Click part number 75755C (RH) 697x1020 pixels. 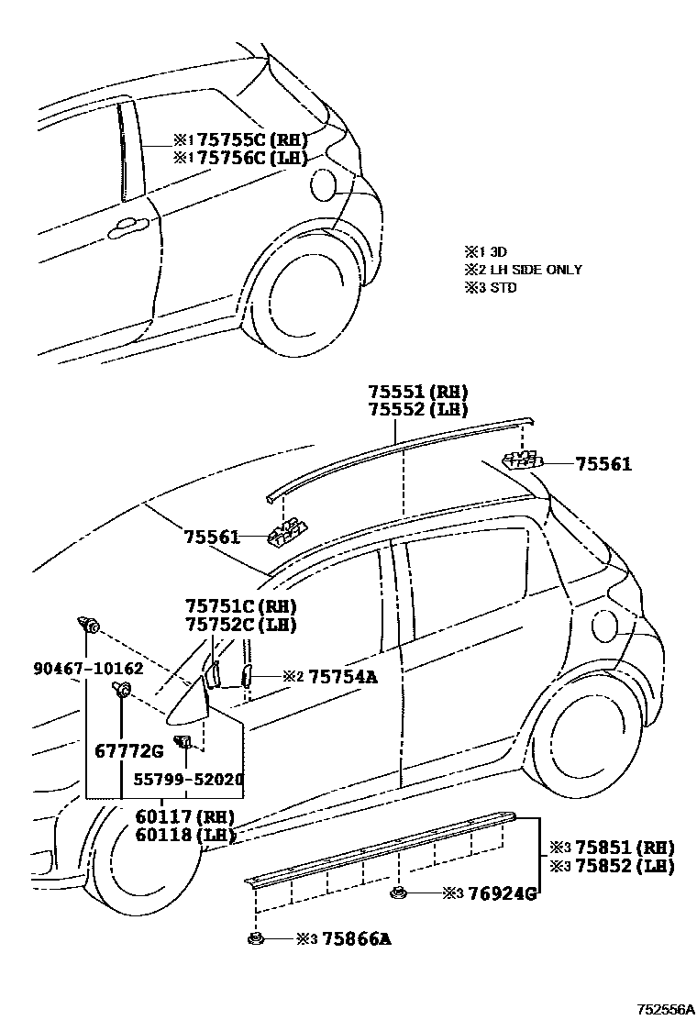coord(252,140)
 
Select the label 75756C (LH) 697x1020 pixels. coord(252,158)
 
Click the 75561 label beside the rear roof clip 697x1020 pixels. coord(603,465)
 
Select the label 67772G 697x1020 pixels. coord(129,752)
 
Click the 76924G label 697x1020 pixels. coord(501,892)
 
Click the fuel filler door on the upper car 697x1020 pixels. coord(324,183)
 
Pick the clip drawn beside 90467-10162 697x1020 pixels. coord(89,626)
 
